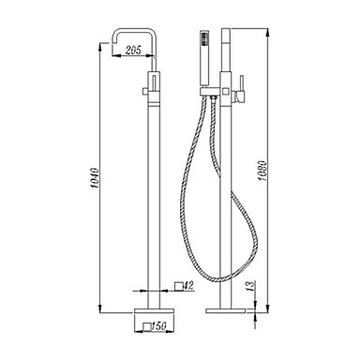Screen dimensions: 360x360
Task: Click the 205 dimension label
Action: (x=133, y=50)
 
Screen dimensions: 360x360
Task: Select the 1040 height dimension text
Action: (x=95, y=178)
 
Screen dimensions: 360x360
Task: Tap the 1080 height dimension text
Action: (x=262, y=171)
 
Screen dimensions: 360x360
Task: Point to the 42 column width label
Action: (x=188, y=285)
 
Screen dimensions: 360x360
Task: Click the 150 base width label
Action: (x=158, y=326)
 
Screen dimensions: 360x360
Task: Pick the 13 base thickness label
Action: (x=250, y=286)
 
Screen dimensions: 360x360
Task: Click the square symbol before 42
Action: (x=178, y=286)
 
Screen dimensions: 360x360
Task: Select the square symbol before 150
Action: (x=147, y=326)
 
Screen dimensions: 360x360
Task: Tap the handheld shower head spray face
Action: (x=204, y=38)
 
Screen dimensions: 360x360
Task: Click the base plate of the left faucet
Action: (x=154, y=310)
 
